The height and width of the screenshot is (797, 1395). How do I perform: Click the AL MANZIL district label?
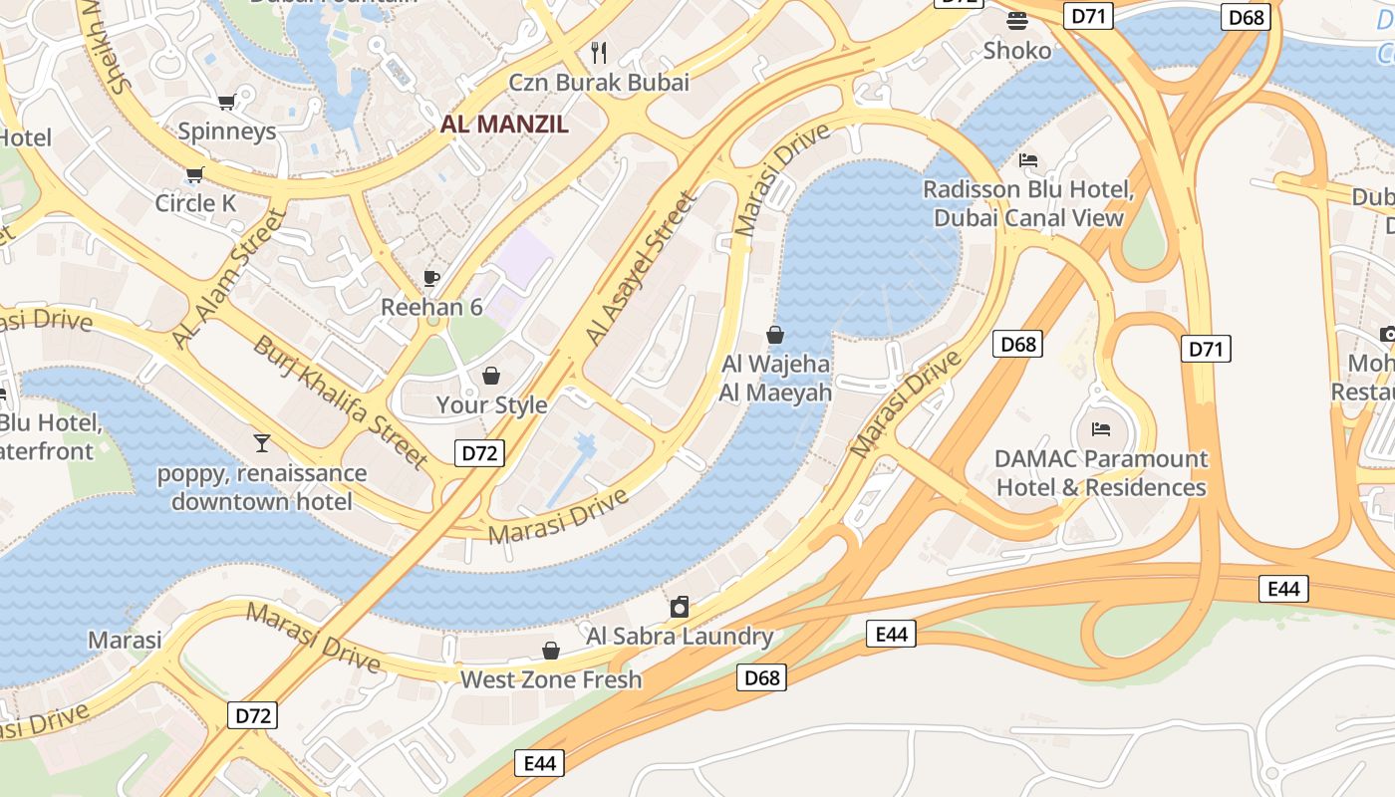tap(505, 125)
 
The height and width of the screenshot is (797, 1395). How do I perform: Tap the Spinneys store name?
tap(226, 132)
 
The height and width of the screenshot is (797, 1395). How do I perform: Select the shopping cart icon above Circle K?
tap(194, 175)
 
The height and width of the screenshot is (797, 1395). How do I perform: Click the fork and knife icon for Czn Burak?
tap(598, 52)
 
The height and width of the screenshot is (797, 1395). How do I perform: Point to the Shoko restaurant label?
tap(1016, 50)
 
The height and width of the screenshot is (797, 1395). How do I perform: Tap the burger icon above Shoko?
tap(1016, 20)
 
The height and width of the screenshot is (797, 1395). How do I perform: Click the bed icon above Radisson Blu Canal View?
tap(1028, 159)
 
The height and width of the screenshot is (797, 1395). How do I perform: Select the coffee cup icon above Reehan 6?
tap(431, 278)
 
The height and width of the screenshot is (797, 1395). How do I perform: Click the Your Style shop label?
tap(491, 404)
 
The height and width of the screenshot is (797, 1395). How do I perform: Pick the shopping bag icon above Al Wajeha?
tap(775, 335)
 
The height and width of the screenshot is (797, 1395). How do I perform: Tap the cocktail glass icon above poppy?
tap(261, 442)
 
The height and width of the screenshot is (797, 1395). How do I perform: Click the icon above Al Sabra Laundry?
tap(679, 607)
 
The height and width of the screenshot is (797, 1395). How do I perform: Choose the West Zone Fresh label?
tap(550, 680)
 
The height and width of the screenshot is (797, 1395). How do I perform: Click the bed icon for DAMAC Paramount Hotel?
tap(1101, 429)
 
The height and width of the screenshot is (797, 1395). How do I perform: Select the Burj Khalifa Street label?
tap(340, 401)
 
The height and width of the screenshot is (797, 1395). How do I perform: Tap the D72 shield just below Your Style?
tap(480, 453)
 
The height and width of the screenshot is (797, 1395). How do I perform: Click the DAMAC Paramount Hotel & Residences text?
tap(1101, 473)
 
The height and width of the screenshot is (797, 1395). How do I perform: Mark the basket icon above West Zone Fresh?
tap(550, 651)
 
